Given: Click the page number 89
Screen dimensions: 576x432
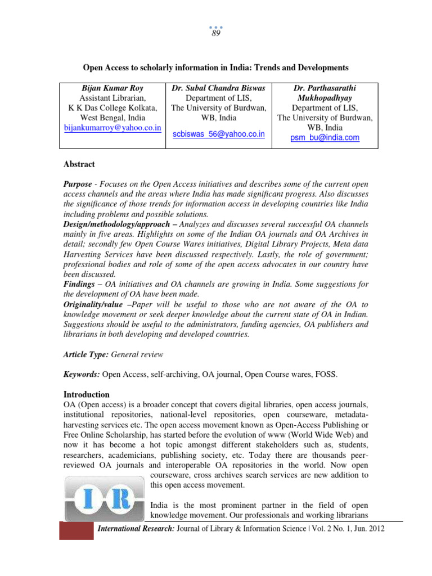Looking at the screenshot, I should [216, 33].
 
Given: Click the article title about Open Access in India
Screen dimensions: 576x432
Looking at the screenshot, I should [216, 67].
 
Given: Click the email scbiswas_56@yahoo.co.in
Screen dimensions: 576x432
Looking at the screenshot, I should [219, 136].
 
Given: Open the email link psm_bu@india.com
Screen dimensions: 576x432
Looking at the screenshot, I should [325, 137].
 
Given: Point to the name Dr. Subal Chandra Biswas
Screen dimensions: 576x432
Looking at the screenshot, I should [219, 88].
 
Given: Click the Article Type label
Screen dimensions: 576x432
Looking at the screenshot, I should [86, 354].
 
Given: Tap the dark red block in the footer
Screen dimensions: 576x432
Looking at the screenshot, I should [76, 530].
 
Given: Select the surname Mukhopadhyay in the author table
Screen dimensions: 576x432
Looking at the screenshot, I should [325, 98].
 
